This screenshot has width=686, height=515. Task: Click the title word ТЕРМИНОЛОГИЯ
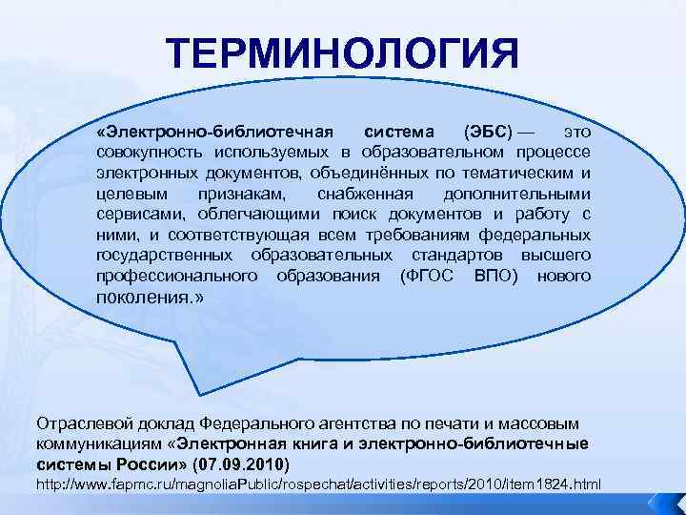point(343,54)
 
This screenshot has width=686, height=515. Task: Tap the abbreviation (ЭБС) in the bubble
point(487,130)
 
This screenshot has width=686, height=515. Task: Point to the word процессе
point(555,153)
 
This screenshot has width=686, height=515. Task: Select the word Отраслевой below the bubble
point(79,422)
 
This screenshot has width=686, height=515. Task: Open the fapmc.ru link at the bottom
point(318,485)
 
